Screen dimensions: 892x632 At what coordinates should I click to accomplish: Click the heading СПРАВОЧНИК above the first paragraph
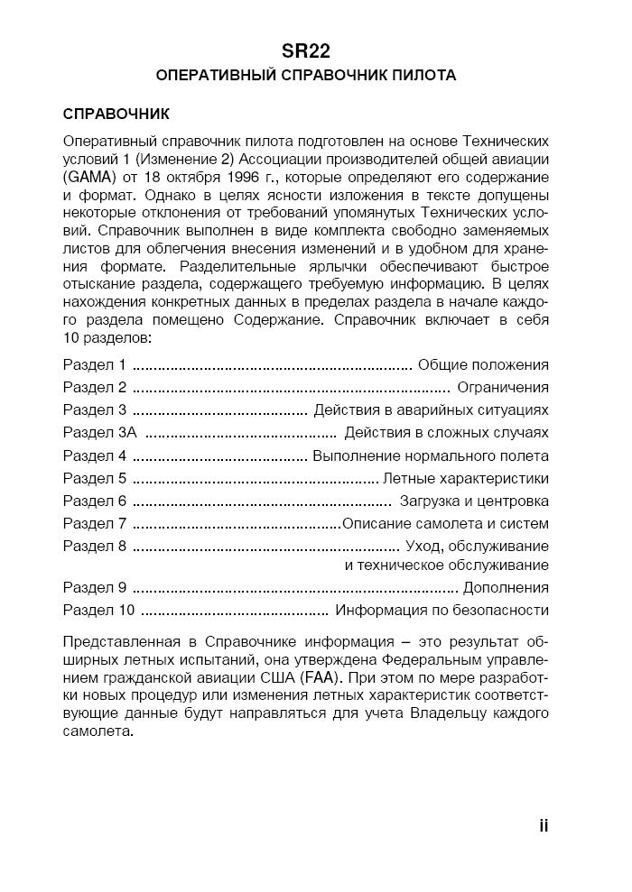pos(116,115)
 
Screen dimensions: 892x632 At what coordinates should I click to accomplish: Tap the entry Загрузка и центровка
pos(474,501)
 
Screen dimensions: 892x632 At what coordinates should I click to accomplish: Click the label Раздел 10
pos(98,611)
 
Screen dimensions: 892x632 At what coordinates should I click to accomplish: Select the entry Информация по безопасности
pos(441,611)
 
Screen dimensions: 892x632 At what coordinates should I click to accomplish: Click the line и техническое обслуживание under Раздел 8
pos(447,566)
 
